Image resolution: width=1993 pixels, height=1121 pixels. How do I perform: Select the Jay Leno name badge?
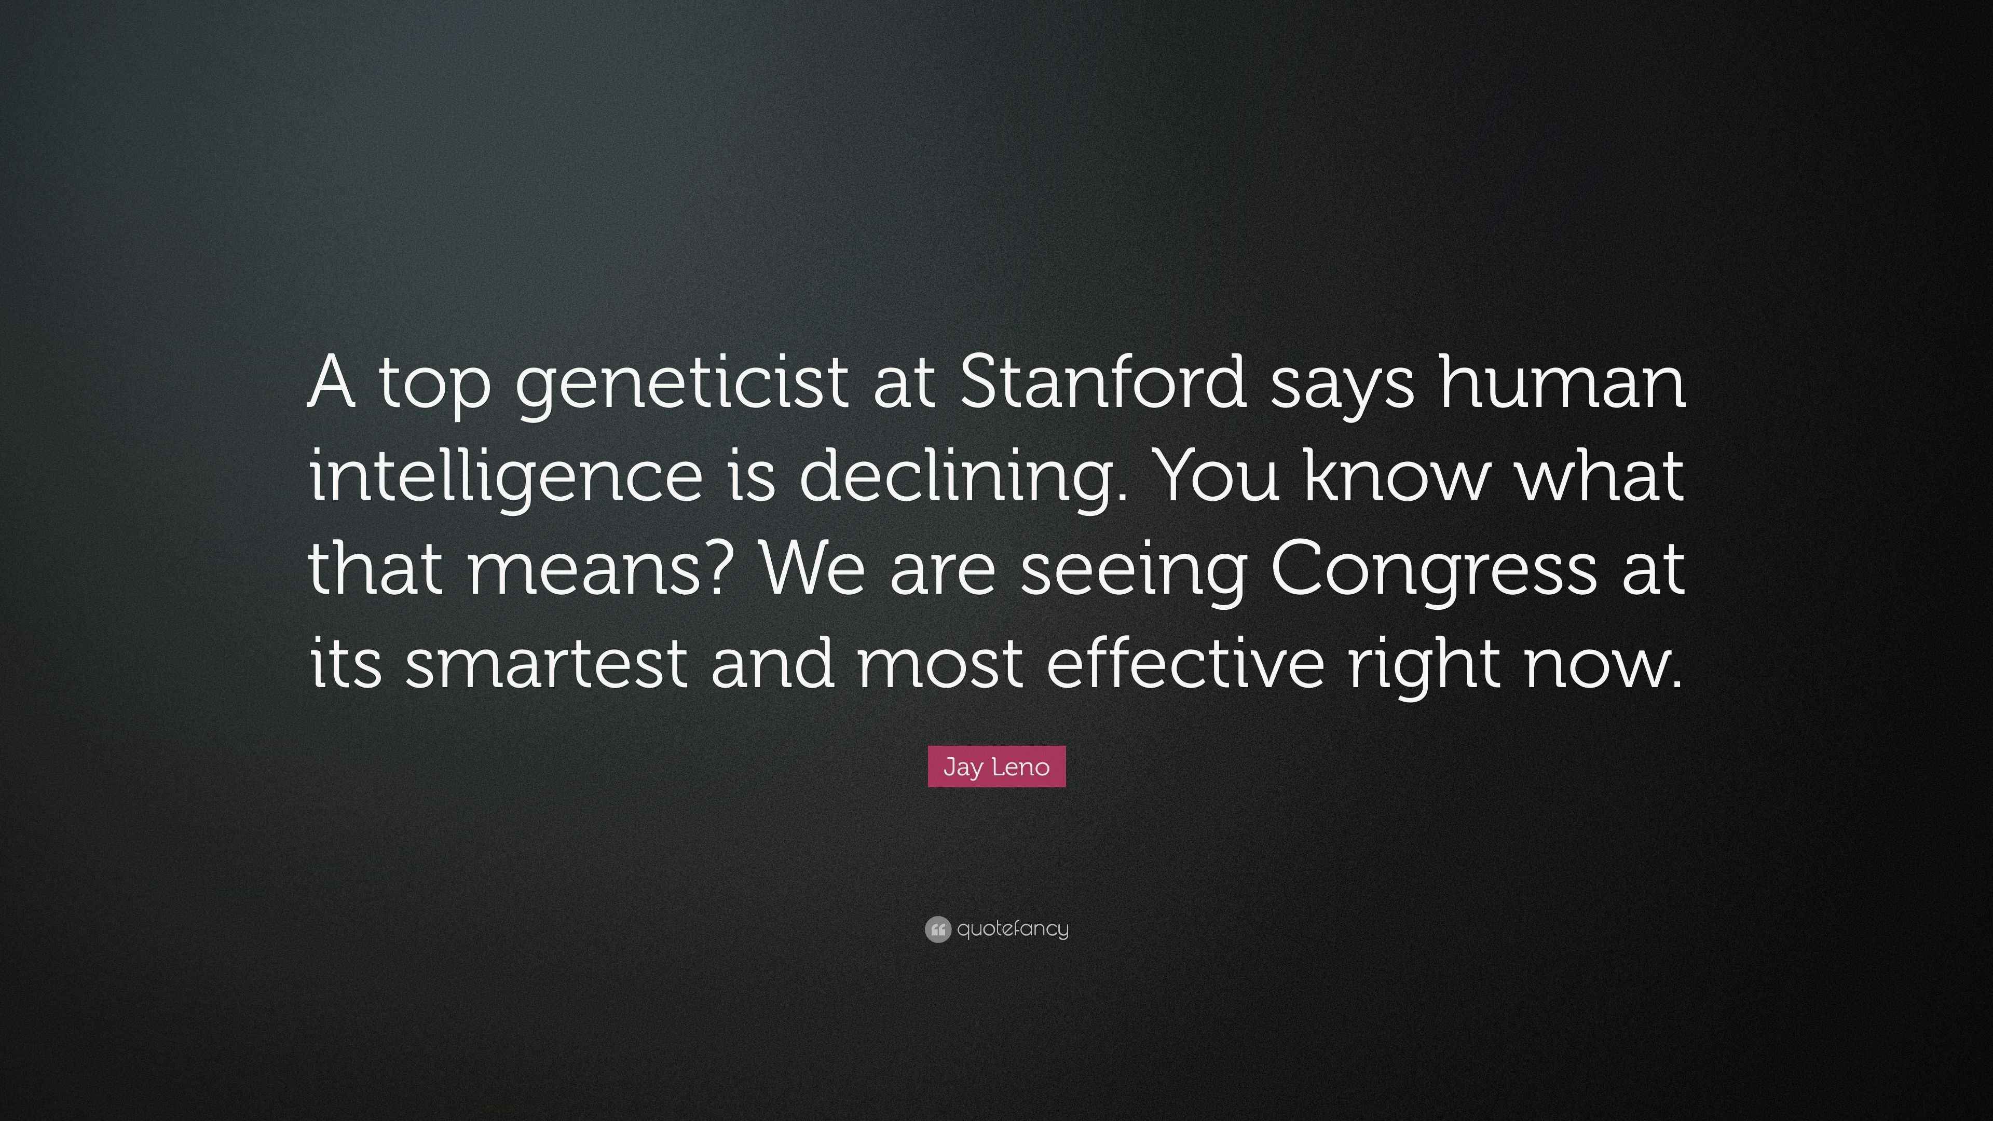pyautogui.click(x=996, y=767)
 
